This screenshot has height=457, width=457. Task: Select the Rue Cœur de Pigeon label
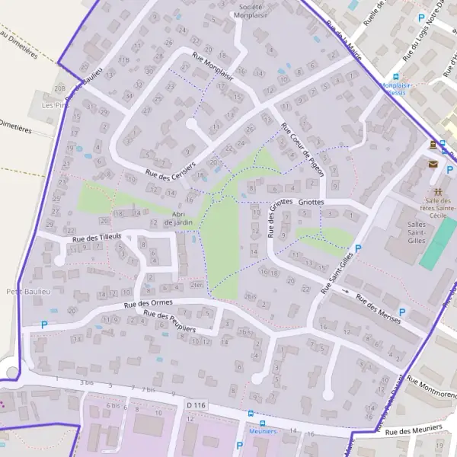click(302, 149)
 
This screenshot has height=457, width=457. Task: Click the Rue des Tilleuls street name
click(97, 238)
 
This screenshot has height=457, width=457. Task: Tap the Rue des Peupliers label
click(170, 320)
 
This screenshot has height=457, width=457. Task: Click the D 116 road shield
click(196, 404)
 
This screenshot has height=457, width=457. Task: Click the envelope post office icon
click(433, 163)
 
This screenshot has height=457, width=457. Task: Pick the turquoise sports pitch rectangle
click(437, 244)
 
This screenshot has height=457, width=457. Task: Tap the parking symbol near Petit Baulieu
click(43, 324)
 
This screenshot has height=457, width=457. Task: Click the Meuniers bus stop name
click(263, 431)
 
